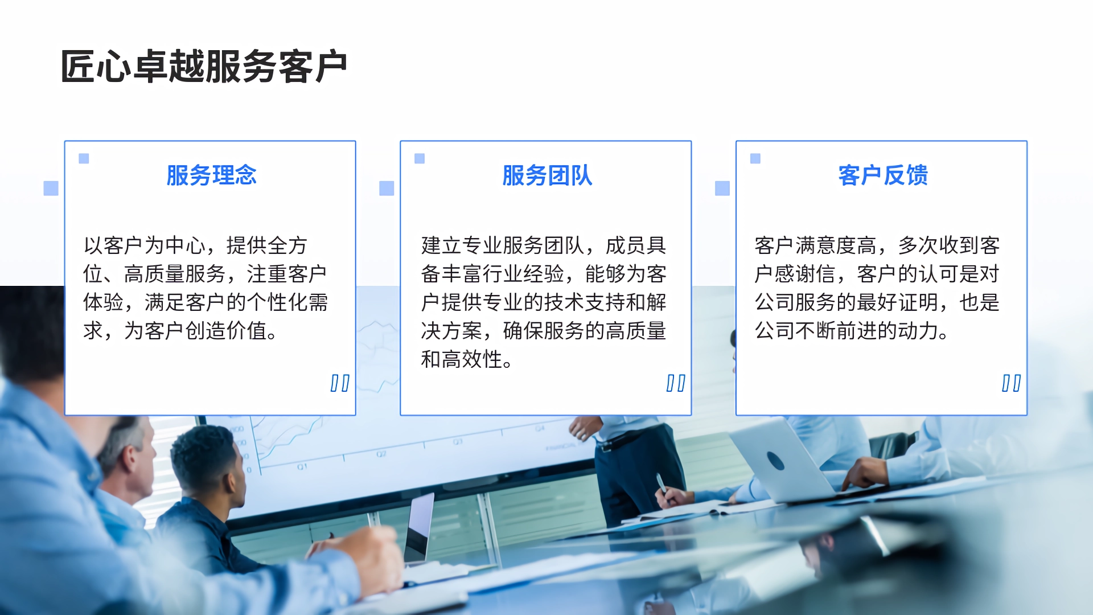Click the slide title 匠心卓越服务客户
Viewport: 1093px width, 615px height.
point(204,67)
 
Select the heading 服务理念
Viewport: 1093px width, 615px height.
point(211,175)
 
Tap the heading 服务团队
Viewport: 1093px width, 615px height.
point(547,175)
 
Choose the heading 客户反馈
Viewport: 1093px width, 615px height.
point(883,175)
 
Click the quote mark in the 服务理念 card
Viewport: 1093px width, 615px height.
point(340,383)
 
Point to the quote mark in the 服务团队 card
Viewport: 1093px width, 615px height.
point(676,383)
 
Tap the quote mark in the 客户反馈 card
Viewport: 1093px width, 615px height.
point(1011,383)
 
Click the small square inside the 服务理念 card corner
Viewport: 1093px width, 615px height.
point(84,158)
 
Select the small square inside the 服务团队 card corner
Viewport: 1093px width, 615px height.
point(420,158)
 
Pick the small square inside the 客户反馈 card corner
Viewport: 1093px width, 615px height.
point(755,158)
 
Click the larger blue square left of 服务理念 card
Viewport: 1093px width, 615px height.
point(51,188)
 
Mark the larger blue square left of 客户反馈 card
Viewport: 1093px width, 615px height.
point(722,188)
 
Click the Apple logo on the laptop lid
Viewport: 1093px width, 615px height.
point(776,460)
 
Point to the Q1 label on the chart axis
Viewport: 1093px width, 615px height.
point(302,466)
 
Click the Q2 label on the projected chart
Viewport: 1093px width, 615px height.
point(381,454)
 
